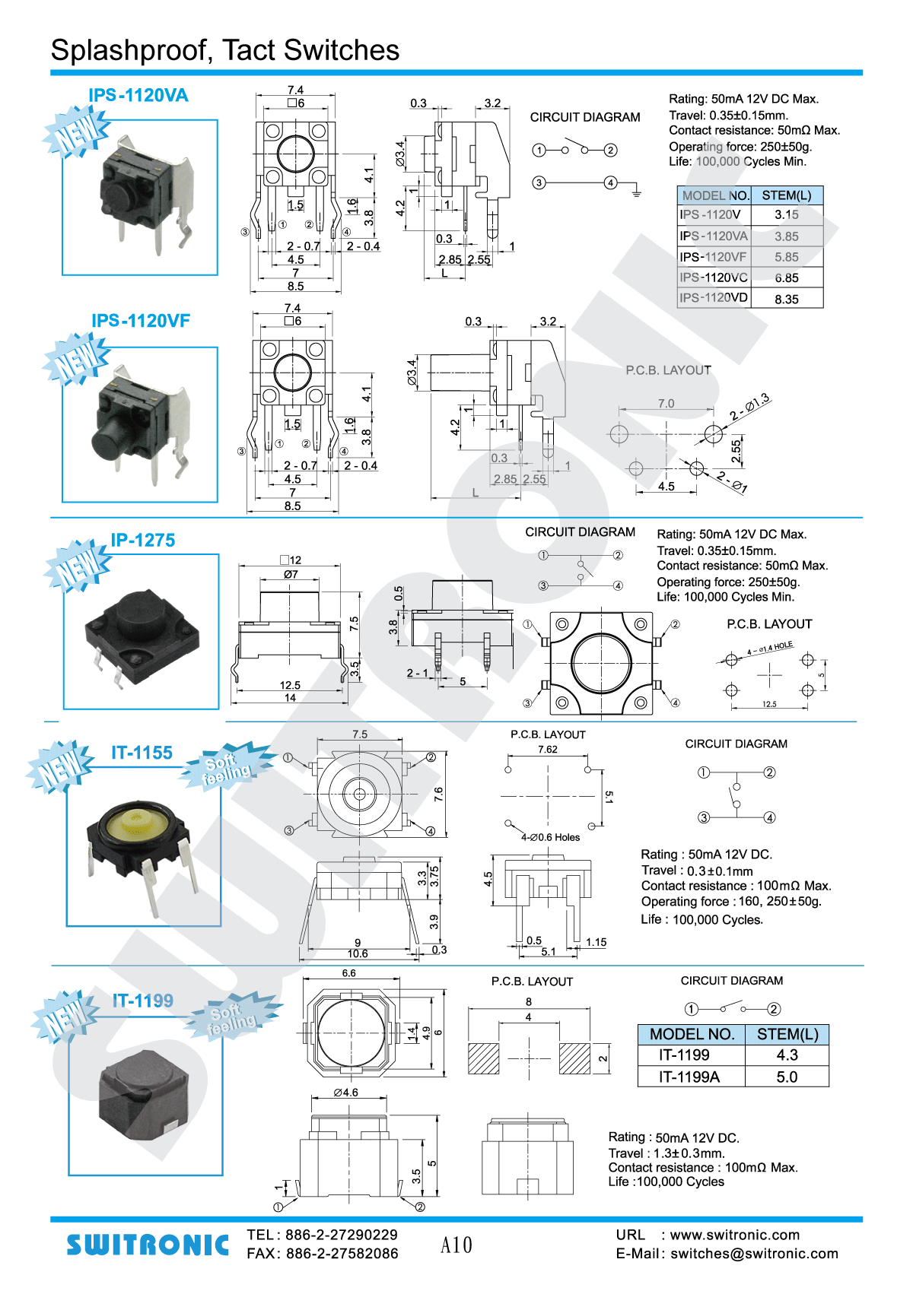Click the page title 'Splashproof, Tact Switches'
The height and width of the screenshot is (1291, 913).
(x=224, y=50)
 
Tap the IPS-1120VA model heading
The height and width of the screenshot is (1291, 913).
(x=138, y=95)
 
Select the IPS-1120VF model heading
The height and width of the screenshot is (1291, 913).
(x=141, y=321)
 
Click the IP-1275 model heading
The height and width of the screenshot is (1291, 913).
(x=143, y=540)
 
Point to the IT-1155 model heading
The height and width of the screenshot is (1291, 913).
(x=142, y=753)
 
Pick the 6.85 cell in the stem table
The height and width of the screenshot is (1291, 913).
(x=787, y=278)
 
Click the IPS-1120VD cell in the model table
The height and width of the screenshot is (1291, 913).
(x=714, y=297)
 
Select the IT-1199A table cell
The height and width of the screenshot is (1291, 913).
(x=689, y=1077)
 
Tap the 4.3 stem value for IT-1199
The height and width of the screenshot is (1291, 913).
(x=787, y=1055)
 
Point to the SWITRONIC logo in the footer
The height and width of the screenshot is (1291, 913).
(x=148, y=1245)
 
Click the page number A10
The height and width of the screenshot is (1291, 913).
(x=456, y=1245)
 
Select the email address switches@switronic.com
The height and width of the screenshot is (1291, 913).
(x=754, y=1254)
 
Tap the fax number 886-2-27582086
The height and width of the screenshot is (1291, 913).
(x=342, y=1254)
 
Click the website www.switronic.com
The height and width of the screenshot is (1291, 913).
(x=735, y=1235)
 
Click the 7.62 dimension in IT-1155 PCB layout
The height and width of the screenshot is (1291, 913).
(x=548, y=749)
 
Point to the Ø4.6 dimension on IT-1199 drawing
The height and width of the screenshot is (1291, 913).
(x=346, y=1093)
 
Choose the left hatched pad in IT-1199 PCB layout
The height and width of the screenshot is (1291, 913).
(x=484, y=1058)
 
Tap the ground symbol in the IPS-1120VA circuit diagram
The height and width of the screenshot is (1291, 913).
(x=636, y=193)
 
